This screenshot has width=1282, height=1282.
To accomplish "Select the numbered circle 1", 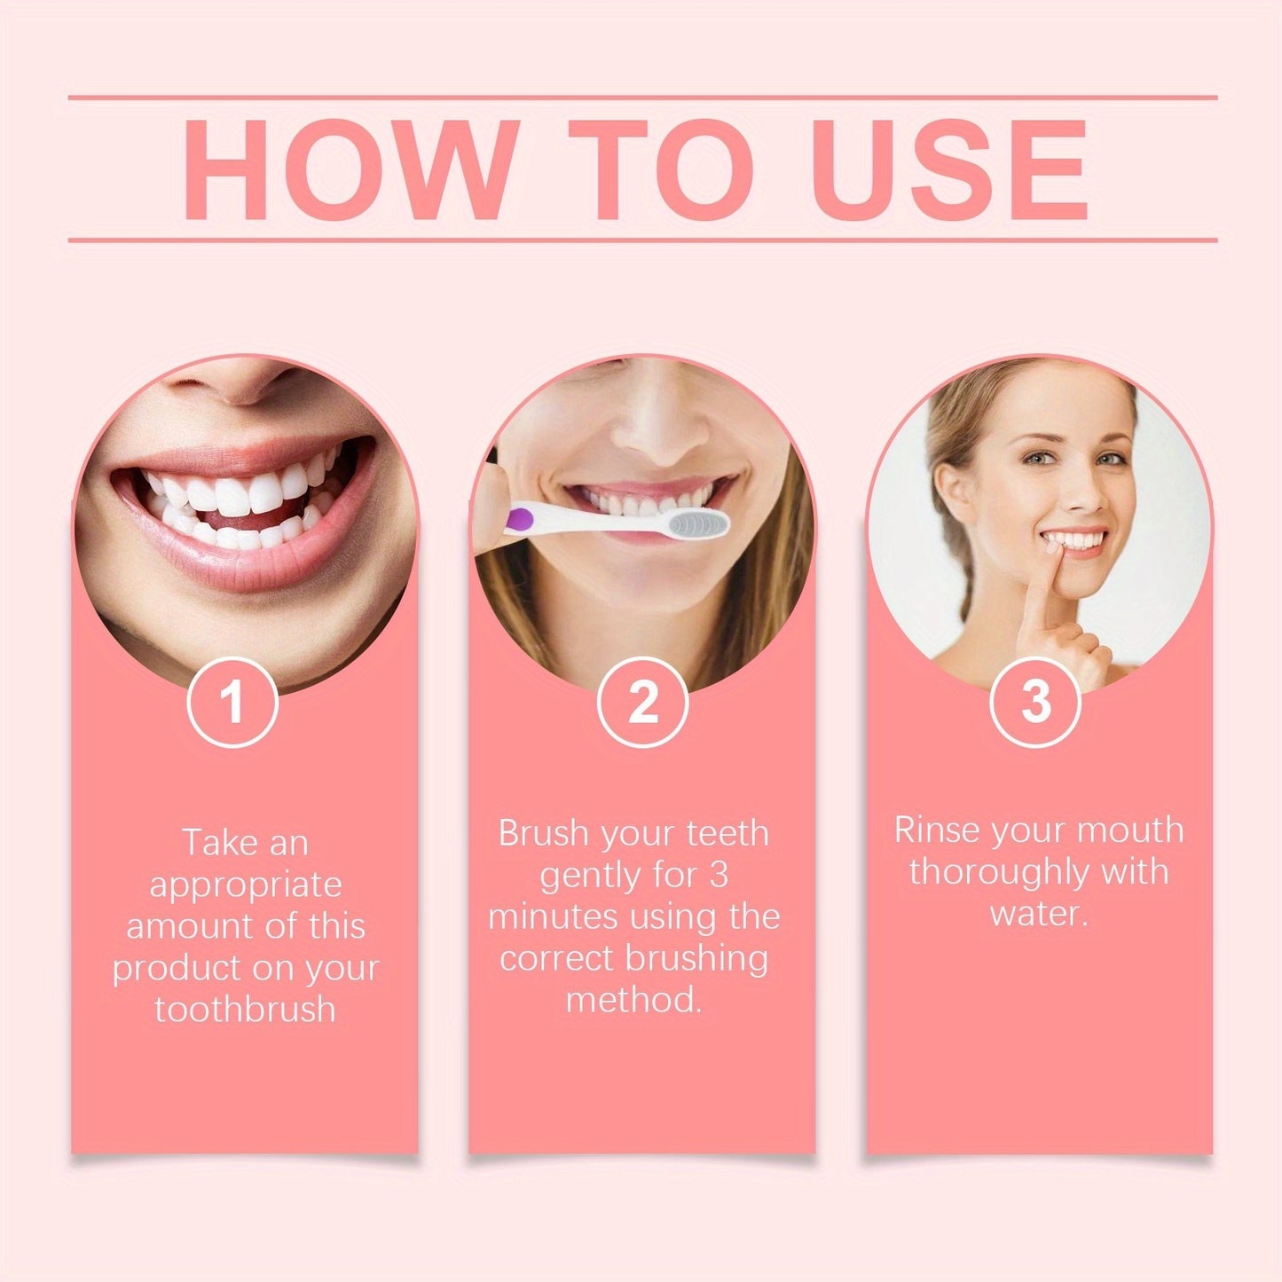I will [232, 702].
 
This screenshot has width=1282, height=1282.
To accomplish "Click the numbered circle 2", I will [642, 702].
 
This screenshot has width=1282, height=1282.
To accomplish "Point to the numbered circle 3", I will [1035, 702].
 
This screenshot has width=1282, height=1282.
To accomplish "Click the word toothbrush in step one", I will [246, 1009].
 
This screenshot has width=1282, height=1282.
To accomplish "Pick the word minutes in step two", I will [559, 916].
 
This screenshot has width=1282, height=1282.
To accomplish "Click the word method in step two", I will [633, 1000].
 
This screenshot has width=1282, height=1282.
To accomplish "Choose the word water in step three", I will [1037, 914].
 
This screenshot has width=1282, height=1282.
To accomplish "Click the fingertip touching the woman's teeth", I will [1052, 554].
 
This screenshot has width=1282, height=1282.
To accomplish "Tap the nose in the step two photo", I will [652, 426].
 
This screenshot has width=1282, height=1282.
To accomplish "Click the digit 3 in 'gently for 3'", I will [719, 876].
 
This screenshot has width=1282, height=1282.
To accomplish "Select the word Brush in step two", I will [543, 834].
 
